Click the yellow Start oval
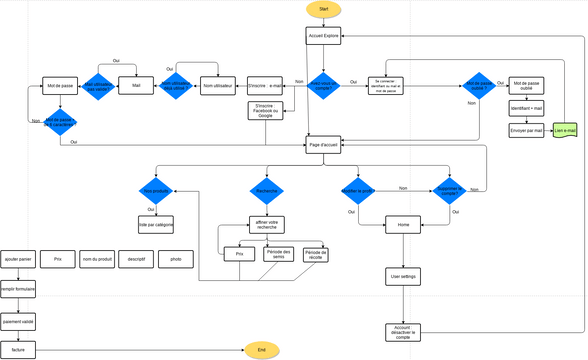point(323,9)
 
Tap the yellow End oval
point(262,350)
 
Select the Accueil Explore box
point(323,36)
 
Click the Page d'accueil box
point(323,145)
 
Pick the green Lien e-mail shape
point(567,131)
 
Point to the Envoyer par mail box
point(526,130)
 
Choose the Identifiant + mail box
point(526,107)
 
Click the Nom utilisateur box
point(218,86)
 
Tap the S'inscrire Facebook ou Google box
point(265,110)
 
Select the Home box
point(403,224)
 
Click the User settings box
point(403,275)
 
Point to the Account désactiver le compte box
point(403,331)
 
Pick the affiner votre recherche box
point(265,224)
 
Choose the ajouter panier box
point(18,259)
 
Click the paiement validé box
point(18,321)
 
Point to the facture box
point(18,350)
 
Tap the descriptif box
point(136,259)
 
